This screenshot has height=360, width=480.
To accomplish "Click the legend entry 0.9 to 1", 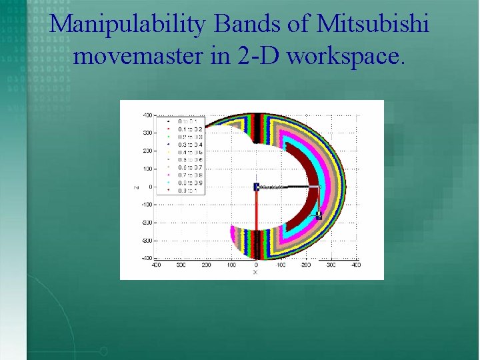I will [187, 190].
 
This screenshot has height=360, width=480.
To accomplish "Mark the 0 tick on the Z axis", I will [150, 187].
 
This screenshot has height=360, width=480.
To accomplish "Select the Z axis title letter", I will [135, 187].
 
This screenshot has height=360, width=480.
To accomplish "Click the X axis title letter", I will [255, 273].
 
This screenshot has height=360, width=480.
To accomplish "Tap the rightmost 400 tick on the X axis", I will [356, 265].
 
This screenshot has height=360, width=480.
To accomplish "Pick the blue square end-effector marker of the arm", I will [319, 215].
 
